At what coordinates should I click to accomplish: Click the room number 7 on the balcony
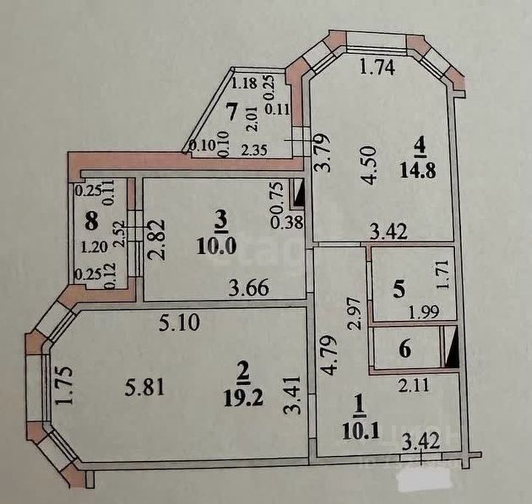pyautogui.click(x=231, y=109)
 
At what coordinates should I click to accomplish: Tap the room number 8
pyautogui.click(x=91, y=225)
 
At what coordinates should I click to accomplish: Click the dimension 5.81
pyautogui.click(x=138, y=388)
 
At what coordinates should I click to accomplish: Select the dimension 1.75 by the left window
pyautogui.click(x=64, y=384)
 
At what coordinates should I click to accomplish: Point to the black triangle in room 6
pyautogui.click(x=452, y=350)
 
